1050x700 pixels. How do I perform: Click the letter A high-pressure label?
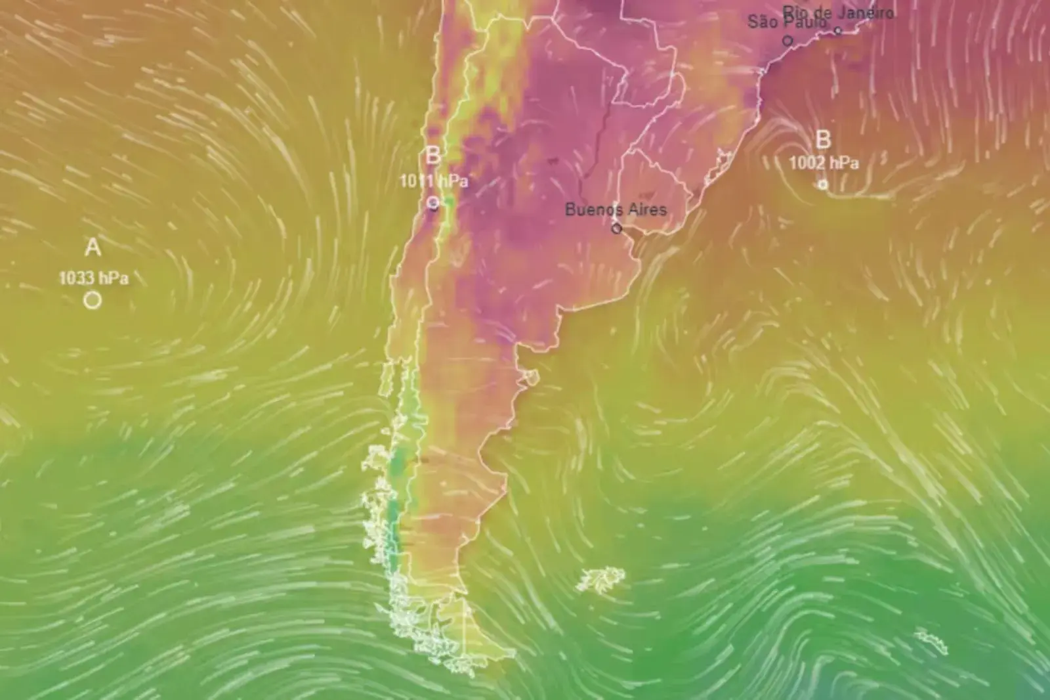pyautogui.click(x=93, y=248)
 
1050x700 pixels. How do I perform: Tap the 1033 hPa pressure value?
pyautogui.click(x=94, y=278)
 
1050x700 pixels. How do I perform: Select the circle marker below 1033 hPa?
pyautogui.click(x=93, y=300)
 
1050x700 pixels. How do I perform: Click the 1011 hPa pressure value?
pyautogui.click(x=434, y=181)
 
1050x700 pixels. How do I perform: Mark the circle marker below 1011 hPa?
pyautogui.click(x=433, y=203)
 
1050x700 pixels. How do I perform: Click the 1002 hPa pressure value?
pyautogui.click(x=824, y=163)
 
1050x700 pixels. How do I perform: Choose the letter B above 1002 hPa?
pyautogui.click(x=823, y=140)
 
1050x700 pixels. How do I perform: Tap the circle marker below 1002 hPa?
pyautogui.click(x=823, y=185)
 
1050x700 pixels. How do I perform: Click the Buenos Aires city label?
pyautogui.click(x=616, y=209)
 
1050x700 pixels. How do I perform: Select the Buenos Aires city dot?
pyautogui.click(x=616, y=229)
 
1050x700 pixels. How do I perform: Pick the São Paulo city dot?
pyautogui.click(x=787, y=41)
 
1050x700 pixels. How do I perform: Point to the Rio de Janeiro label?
pyautogui.click(x=839, y=12)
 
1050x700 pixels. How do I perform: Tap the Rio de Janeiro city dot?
pyautogui.click(x=838, y=30)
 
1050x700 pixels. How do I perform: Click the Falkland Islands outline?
pyautogui.click(x=600, y=579)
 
